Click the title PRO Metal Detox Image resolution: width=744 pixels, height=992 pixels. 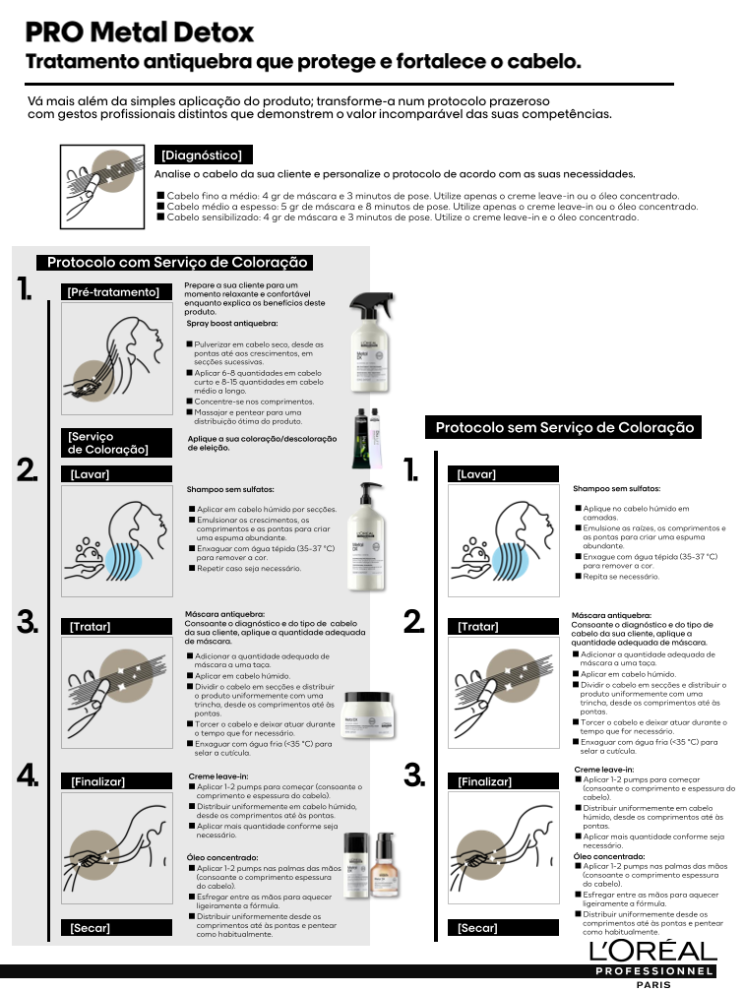140,33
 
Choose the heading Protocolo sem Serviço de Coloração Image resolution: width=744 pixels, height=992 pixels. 565,427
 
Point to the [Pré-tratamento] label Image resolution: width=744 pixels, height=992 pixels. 113,291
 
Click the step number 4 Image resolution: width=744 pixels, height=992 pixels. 29,775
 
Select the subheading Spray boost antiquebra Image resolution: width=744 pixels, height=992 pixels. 232,323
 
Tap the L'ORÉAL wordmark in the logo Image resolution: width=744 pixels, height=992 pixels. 652,952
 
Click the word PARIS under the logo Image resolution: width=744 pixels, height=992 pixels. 653,984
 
